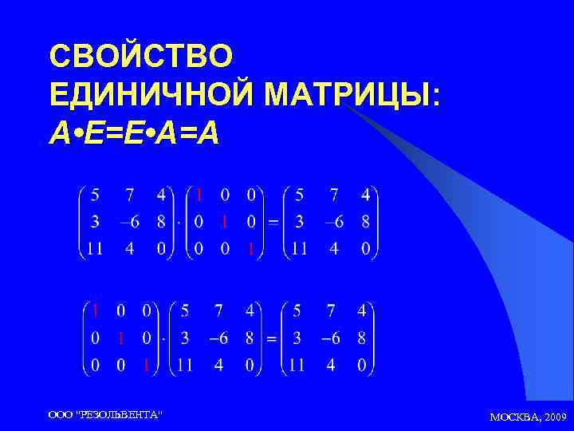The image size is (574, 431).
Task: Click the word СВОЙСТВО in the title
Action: pos(141,56)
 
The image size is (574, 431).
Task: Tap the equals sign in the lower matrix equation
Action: pos(271,338)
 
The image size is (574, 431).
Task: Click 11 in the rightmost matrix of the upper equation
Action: pos(299,249)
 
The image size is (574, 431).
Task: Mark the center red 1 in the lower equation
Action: pos(120,338)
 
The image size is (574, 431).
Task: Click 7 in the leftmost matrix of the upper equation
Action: pos(129,194)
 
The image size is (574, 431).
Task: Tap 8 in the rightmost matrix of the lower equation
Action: pos(361,338)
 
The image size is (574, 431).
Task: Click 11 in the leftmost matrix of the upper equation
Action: pos(94,249)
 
